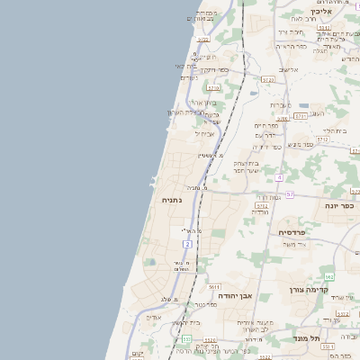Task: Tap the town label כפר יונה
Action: point(339,205)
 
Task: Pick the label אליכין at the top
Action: point(326,12)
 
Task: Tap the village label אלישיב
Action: point(288,69)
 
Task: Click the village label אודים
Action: point(154,316)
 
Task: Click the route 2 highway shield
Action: point(186,243)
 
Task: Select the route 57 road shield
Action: point(290,194)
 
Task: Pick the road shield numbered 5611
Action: point(214,286)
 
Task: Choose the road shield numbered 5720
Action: point(202,40)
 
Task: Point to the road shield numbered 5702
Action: point(260,207)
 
